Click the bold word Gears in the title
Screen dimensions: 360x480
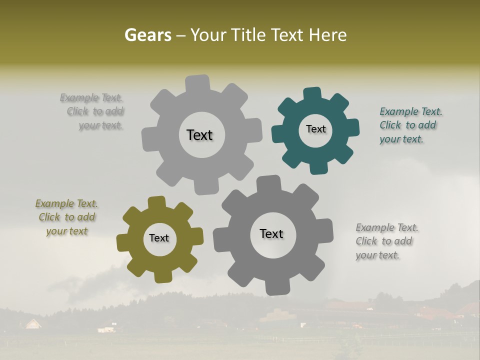pos(147,35)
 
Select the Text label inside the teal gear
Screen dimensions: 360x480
pos(315,129)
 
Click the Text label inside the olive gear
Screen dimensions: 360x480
pos(159,238)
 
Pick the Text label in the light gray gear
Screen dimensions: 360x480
pos(199,135)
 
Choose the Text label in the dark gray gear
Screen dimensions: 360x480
pos(271,233)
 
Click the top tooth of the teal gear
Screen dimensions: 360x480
pos(312,94)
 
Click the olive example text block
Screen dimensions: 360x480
pos(67,217)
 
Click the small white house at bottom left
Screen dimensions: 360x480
pos(33,324)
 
